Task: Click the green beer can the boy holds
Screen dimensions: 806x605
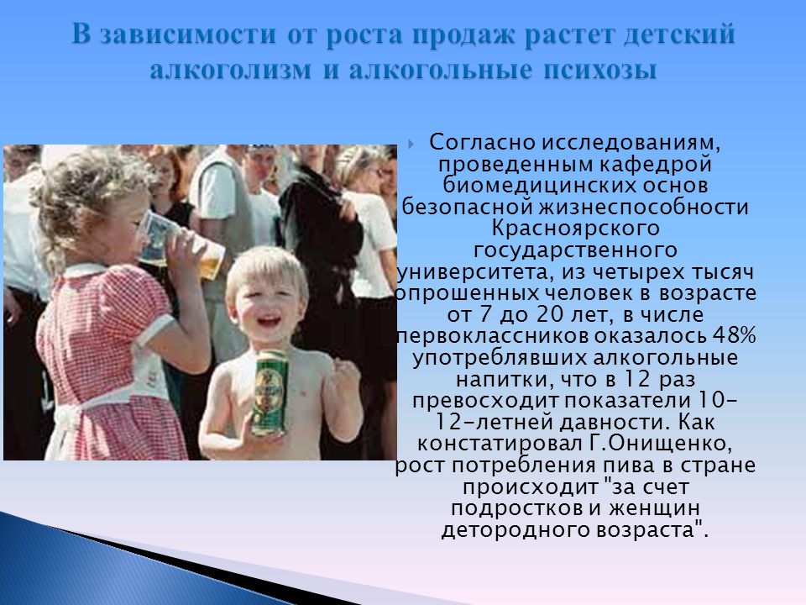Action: click(x=269, y=392)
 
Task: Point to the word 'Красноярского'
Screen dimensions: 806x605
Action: click(x=576, y=229)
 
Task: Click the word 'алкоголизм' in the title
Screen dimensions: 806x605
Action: click(x=231, y=69)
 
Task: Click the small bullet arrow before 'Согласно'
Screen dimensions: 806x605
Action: click(x=411, y=144)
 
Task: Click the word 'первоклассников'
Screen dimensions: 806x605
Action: click(x=494, y=336)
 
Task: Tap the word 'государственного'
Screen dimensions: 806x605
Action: click(x=575, y=250)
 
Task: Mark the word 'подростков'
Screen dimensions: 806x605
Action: click(x=517, y=508)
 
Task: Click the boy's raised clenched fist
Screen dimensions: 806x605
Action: click(x=344, y=377)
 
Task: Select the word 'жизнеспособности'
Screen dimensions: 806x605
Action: click(x=644, y=207)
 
